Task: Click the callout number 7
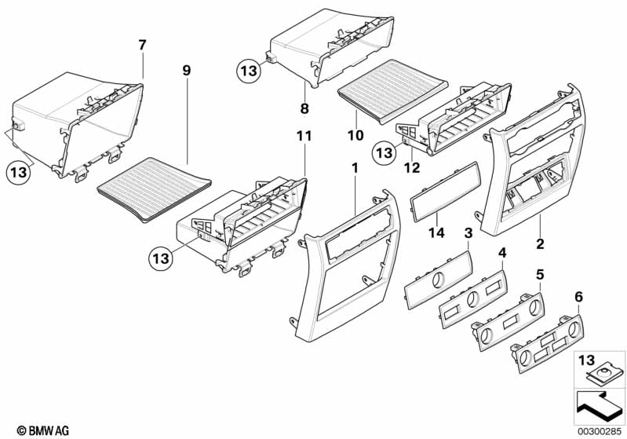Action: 142,45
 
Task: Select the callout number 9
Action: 186,71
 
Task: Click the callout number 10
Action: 355,135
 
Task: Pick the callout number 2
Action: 540,245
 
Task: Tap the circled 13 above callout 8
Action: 248,71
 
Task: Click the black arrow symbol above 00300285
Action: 600,406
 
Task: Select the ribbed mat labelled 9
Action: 156,189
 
